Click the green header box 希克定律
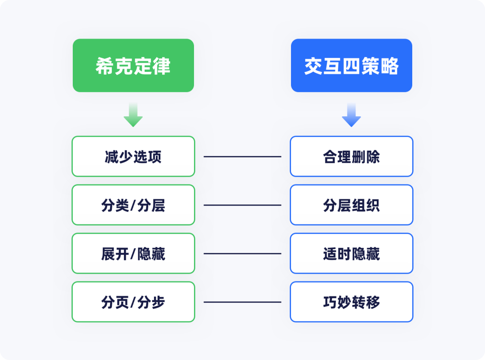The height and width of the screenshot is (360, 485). pyautogui.click(x=133, y=66)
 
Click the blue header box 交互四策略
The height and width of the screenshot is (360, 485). pyautogui.click(x=352, y=66)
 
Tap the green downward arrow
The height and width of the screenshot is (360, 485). pyautogui.click(x=133, y=115)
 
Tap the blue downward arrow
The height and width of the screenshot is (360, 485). pyautogui.click(x=352, y=115)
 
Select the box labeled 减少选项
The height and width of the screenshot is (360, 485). pyautogui.click(x=133, y=157)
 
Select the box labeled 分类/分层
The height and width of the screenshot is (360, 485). pyautogui.click(x=133, y=205)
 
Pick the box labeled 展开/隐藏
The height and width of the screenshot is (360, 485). pyautogui.click(x=133, y=254)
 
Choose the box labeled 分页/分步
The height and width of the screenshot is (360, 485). pyautogui.click(x=133, y=302)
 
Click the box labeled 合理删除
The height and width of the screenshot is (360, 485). pyautogui.click(x=352, y=157)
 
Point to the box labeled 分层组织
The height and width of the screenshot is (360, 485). pyautogui.click(x=352, y=205)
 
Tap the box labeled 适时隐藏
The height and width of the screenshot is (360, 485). pyautogui.click(x=352, y=254)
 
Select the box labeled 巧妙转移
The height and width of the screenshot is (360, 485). pyautogui.click(x=352, y=302)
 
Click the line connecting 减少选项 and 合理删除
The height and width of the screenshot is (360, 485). pyautogui.click(x=242, y=157)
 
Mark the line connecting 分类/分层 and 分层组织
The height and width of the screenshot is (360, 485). pyautogui.click(x=242, y=205)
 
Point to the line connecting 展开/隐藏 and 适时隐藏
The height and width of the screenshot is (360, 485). pyautogui.click(x=242, y=254)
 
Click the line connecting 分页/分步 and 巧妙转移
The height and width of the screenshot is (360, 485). pyautogui.click(x=242, y=302)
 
